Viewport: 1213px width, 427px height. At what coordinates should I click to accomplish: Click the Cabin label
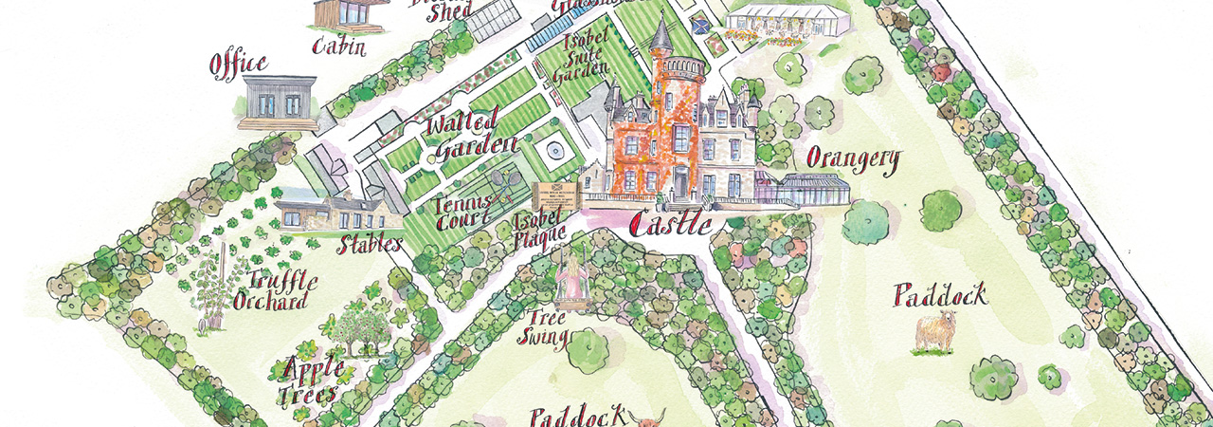tap(338, 45)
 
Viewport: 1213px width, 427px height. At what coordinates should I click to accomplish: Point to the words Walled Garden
tap(471, 137)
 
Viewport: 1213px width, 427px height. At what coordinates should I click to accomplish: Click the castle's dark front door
tap(680, 181)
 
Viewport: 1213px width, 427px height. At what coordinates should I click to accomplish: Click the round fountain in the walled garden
tap(552, 151)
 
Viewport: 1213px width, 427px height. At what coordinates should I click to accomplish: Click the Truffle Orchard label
tap(278, 290)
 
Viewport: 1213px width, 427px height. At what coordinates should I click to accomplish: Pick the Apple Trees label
tap(302, 380)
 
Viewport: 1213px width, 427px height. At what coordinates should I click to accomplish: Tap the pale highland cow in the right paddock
tap(935, 333)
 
